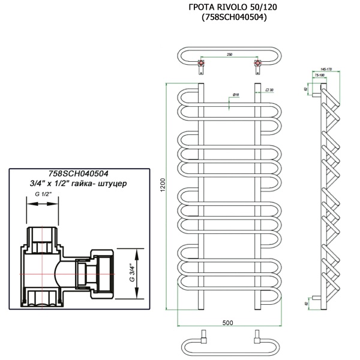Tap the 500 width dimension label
[x=228, y=323]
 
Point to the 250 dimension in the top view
[x=230, y=54]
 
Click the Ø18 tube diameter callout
[x=235, y=94]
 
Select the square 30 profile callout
[x=269, y=90]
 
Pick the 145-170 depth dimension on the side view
[x=328, y=68]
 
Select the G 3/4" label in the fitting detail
[x=130, y=273]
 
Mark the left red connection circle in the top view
[x=201, y=62]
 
